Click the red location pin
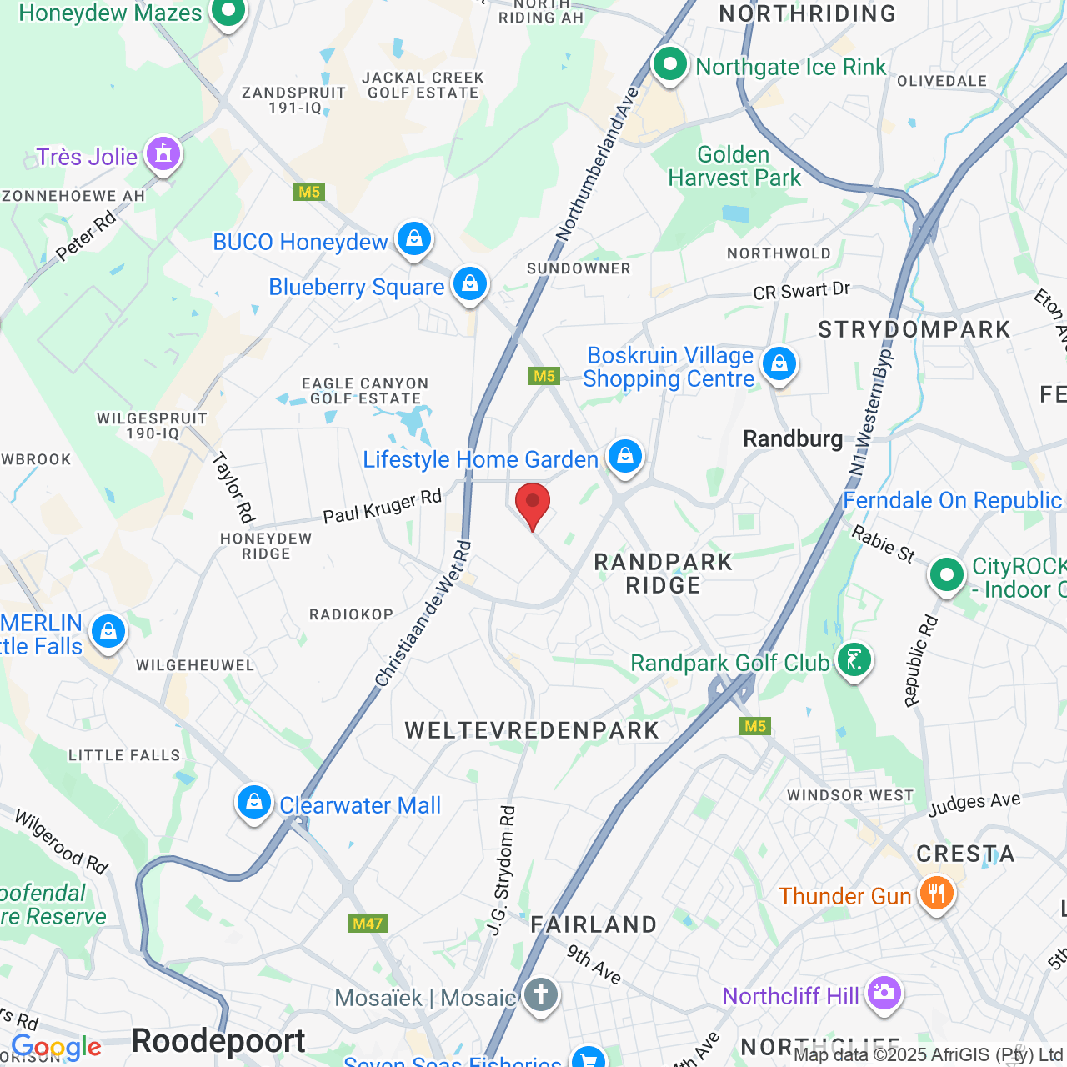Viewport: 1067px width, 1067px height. tap(533, 503)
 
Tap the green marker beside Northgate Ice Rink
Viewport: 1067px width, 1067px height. tap(669, 64)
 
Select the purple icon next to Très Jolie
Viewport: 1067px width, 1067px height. tap(163, 154)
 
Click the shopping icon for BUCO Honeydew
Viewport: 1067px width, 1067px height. tap(413, 240)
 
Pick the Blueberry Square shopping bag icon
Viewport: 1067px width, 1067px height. tap(469, 285)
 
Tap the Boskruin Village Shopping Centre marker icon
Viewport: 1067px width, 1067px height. tap(779, 364)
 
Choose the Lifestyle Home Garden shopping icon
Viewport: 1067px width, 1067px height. tap(624, 456)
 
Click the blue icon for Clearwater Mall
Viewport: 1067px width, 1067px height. tap(253, 803)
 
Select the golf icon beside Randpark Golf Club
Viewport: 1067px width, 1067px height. tap(854, 661)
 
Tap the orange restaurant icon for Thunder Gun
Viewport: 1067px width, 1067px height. tap(936, 894)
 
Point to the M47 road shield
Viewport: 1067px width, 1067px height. tap(368, 924)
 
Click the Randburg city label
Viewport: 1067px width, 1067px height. tap(792, 438)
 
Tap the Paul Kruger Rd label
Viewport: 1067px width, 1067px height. tap(383, 507)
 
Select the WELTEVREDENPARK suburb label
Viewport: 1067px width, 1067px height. tap(532, 731)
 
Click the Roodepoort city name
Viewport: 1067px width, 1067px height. tap(218, 1041)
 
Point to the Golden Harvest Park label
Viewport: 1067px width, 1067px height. tap(734, 167)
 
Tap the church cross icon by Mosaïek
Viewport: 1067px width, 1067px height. tap(540, 995)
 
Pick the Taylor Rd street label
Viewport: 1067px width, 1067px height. tap(233, 488)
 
